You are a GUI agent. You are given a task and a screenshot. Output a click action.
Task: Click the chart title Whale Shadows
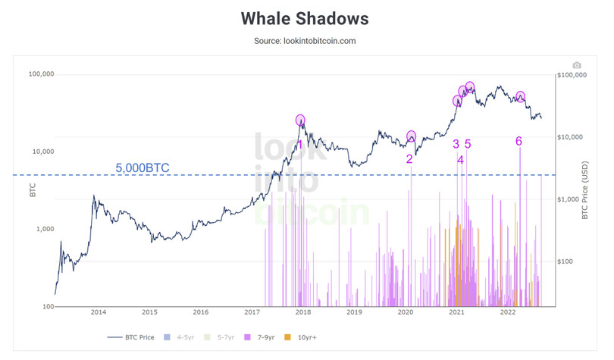point(305,17)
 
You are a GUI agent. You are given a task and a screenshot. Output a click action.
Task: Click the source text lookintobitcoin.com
point(305,41)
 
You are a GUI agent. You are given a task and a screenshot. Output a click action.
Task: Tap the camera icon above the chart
point(577,66)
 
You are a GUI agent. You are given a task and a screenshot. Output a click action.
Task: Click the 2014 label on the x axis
point(98,311)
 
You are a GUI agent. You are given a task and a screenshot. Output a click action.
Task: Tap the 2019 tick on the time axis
point(353,311)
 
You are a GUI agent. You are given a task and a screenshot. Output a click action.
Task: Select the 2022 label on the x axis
point(507,311)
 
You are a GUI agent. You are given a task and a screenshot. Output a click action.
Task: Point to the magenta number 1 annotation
point(300,144)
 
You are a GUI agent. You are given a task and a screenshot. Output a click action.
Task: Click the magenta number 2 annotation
point(409,159)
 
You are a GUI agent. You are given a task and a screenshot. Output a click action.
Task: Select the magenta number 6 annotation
point(518,141)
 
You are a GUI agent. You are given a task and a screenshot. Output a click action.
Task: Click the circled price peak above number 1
point(300,120)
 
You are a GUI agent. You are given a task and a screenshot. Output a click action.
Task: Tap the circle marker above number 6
point(520,97)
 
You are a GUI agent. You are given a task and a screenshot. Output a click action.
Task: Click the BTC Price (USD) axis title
point(585,189)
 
